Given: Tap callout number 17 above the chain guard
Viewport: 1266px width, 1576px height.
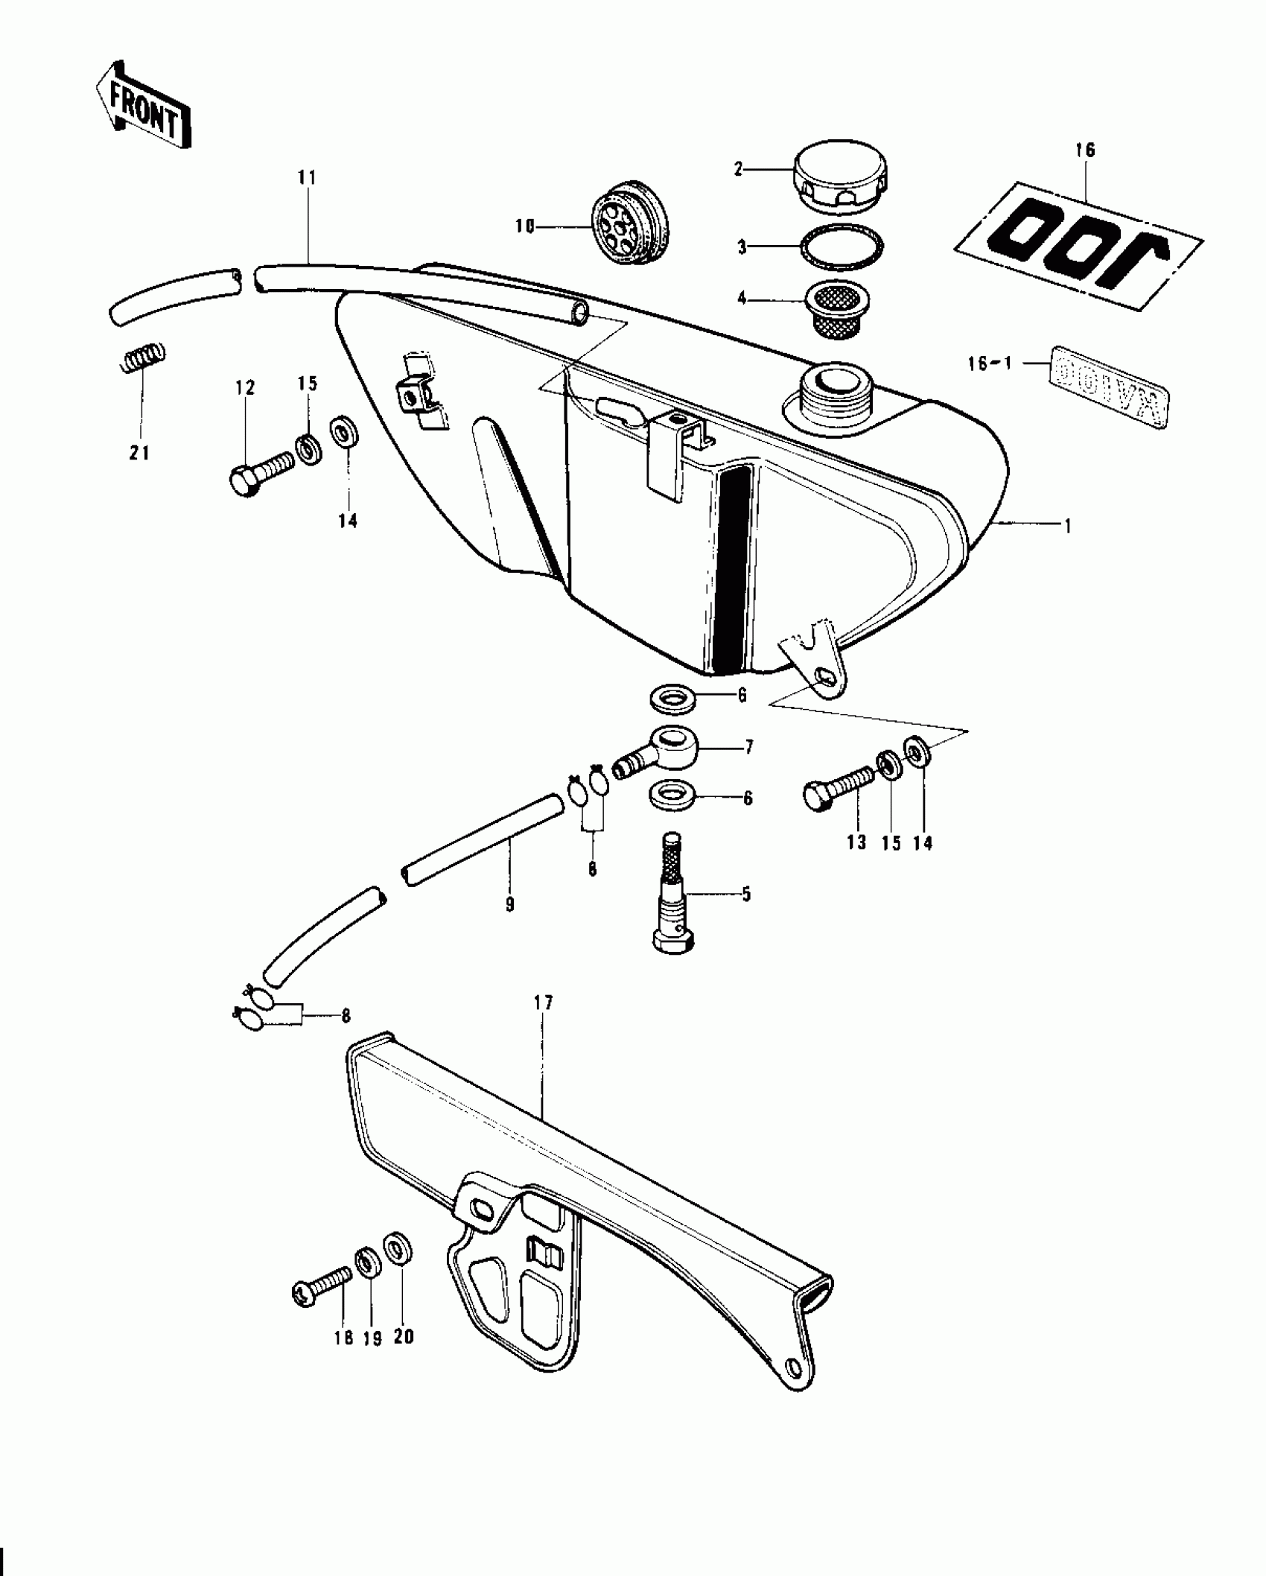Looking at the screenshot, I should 544,1003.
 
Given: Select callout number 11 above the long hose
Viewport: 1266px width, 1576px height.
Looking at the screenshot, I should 307,178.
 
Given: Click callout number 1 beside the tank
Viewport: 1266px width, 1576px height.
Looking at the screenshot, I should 1066,526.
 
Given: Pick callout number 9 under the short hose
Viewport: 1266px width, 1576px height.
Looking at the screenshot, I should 510,905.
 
